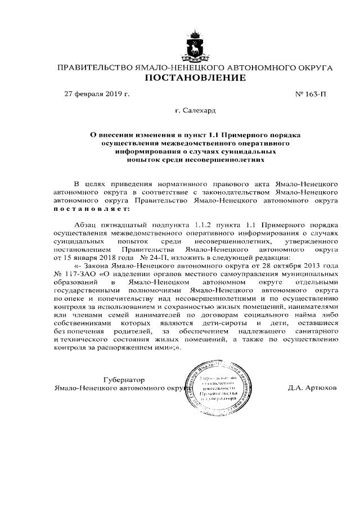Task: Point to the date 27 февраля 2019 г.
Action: [x=97, y=94]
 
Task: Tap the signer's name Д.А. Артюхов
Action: [x=312, y=388]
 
